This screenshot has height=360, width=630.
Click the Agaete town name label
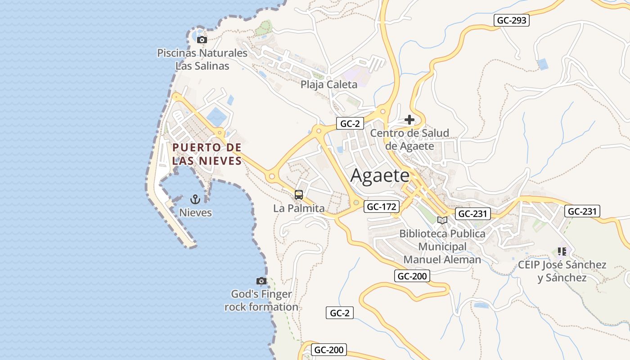[380, 175]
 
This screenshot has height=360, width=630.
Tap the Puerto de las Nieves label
[207, 154]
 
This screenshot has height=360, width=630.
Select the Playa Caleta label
[329, 84]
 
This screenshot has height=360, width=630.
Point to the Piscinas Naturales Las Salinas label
[202, 59]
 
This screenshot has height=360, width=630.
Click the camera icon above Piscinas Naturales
[202, 40]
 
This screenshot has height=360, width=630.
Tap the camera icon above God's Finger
[261, 281]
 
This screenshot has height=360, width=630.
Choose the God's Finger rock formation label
[261, 301]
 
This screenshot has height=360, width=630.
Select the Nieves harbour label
[195, 212]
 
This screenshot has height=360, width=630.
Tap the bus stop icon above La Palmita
[299, 195]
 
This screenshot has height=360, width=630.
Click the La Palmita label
[299, 208]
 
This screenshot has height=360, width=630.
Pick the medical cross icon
[409, 120]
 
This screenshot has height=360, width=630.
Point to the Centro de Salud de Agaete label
[409, 139]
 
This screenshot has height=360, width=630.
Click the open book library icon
[442, 220]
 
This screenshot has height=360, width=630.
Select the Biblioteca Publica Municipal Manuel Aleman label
[442, 247]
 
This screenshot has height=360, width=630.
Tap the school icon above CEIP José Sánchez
[562, 251]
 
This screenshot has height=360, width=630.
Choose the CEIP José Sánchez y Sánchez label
[562, 271]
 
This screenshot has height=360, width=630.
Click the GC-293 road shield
[512, 20]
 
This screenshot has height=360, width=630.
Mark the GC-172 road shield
[381, 207]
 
